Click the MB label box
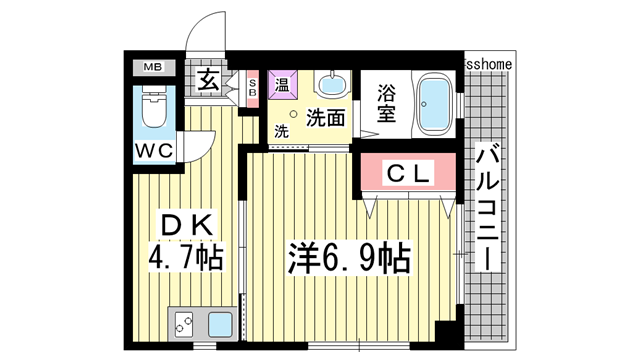point(153,68)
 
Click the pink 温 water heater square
point(284,85)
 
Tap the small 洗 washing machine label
point(281,131)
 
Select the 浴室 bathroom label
point(386,103)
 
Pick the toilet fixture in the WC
point(154,109)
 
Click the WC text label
point(153,150)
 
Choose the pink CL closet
point(408,173)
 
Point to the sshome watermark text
point(489,63)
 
